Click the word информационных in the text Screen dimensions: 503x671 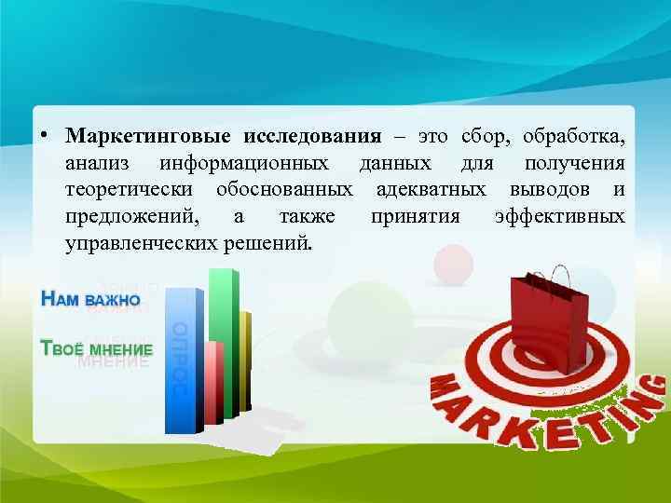coord(243,164)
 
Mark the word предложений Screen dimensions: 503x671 coord(131,217)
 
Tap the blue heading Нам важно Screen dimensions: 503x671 coord(90,300)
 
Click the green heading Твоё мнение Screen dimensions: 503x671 coord(96,348)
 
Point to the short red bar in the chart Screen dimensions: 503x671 coord(213,382)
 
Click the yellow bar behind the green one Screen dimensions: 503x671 coord(245,359)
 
